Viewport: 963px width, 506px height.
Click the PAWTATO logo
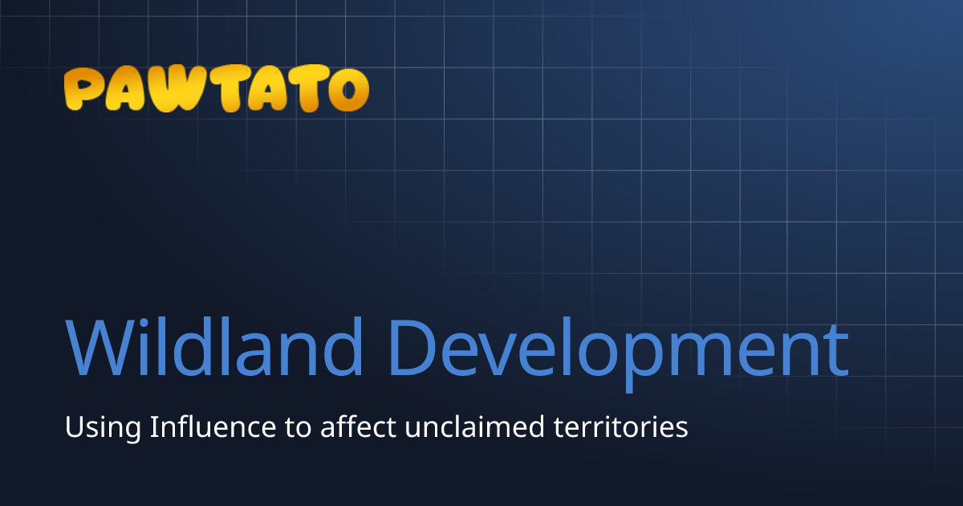(216, 89)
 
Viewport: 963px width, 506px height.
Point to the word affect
(358, 426)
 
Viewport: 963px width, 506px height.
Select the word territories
(620, 426)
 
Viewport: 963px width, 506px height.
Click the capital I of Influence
(152, 426)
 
